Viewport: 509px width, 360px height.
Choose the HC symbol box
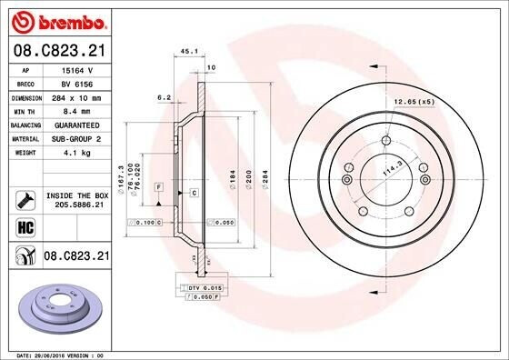[x=25, y=227]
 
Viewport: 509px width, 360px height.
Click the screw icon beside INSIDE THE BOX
[x=25, y=199]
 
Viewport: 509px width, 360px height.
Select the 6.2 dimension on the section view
[x=165, y=96]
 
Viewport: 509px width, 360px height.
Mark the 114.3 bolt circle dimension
[x=392, y=169]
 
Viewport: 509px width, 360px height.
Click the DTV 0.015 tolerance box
[x=197, y=287]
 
